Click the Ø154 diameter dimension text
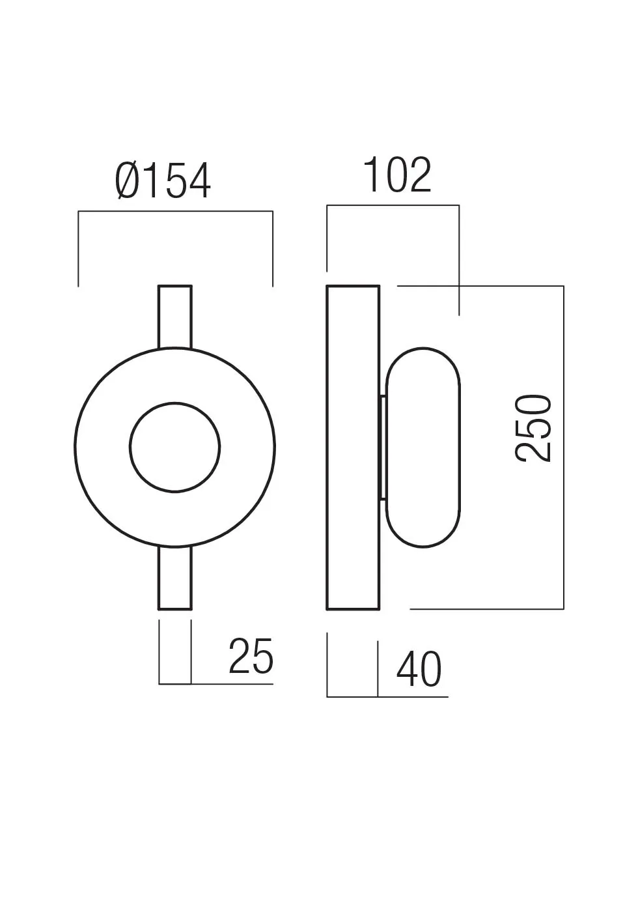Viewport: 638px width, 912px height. tap(163, 181)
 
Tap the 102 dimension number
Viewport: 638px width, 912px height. tap(397, 175)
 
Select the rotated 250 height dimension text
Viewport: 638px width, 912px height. tap(534, 428)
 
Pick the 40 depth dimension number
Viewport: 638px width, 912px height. tap(419, 669)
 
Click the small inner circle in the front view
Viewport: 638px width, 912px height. tap(174, 448)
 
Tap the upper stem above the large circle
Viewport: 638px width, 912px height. tap(174, 316)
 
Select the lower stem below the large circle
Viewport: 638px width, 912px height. tap(174, 578)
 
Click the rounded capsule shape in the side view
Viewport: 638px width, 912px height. tap(423, 448)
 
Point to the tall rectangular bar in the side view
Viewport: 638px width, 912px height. tap(353, 448)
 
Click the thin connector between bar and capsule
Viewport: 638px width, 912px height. tap(383, 448)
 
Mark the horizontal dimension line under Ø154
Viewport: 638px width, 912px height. tap(175, 212)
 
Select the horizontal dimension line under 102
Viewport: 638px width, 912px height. tap(393, 206)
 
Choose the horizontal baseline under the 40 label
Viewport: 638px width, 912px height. tap(387, 697)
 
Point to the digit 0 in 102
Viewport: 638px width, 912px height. tap(396, 175)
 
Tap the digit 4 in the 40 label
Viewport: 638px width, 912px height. tap(407, 669)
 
